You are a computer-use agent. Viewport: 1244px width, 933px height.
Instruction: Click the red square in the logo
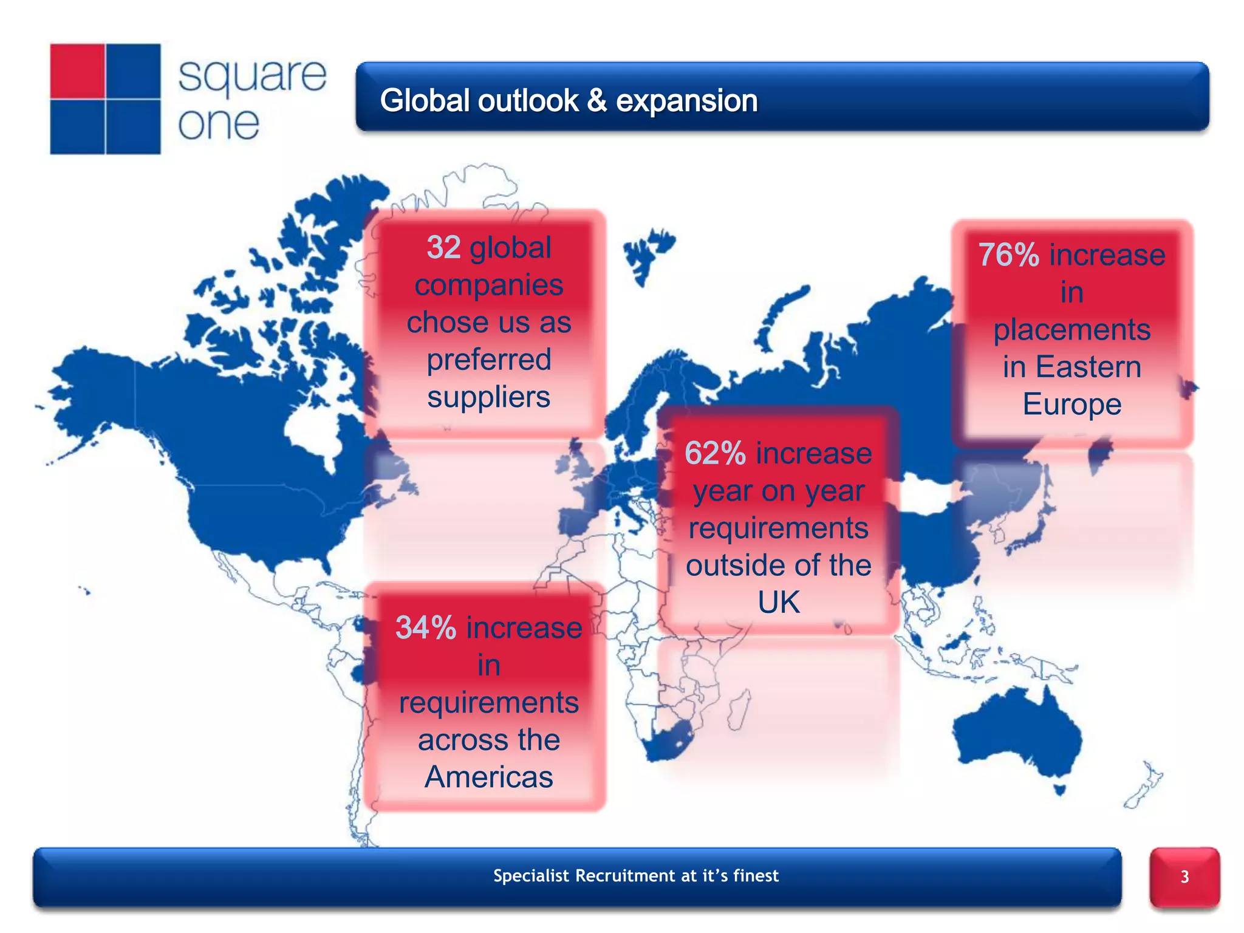(x=77, y=70)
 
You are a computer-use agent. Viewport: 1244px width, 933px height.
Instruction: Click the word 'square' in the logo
(x=252, y=77)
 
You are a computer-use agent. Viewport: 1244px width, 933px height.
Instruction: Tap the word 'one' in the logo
(x=219, y=124)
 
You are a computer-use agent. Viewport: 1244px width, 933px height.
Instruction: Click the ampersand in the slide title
(x=597, y=100)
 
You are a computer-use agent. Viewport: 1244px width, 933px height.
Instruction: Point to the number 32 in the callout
(x=443, y=248)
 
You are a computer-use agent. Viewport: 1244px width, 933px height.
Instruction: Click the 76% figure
(x=1008, y=255)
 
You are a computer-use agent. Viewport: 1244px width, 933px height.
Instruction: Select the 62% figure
(x=715, y=453)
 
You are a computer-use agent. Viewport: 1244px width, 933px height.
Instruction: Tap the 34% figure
(x=425, y=627)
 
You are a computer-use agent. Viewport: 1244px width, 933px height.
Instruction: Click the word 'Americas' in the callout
(x=489, y=777)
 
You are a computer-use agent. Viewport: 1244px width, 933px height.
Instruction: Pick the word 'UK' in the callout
(x=779, y=603)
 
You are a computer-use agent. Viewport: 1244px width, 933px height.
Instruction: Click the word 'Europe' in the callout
(x=1072, y=405)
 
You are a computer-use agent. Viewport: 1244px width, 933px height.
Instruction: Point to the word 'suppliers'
(x=489, y=397)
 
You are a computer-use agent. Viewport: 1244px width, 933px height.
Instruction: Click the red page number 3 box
(x=1184, y=877)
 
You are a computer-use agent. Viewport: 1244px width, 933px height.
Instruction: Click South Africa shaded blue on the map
(x=668, y=741)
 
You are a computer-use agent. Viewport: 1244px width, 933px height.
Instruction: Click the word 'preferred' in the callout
(x=489, y=360)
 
